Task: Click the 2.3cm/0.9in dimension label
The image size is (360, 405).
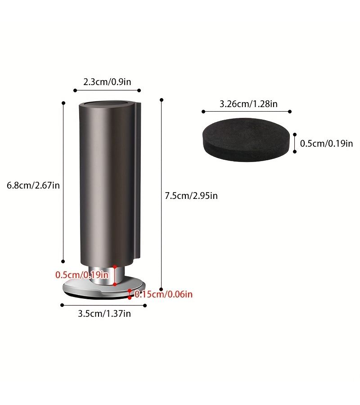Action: pyautogui.click(x=107, y=82)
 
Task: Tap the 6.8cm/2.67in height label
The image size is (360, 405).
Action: pyautogui.click(x=33, y=185)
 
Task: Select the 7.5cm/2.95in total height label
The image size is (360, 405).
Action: pyautogui.click(x=191, y=196)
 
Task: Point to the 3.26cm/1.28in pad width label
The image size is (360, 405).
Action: pyautogui.click(x=248, y=104)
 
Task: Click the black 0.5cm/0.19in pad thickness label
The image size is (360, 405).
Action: pyautogui.click(x=326, y=144)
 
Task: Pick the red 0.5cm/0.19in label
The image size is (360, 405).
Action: pyautogui.click(x=82, y=275)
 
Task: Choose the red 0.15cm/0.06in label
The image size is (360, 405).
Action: pyautogui.click(x=163, y=294)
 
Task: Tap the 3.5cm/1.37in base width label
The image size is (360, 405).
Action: pyautogui.click(x=104, y=314)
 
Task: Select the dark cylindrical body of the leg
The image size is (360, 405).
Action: pyautogui.click(x=110, y=184)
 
